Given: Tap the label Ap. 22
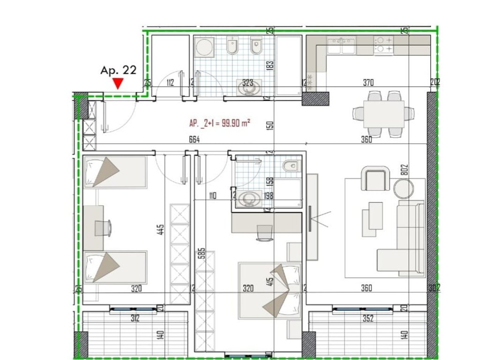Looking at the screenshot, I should click(x=118, y=70).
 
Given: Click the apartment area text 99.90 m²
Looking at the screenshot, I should click(x=219, y=123).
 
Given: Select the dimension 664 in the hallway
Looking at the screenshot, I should click(x=194, y=139).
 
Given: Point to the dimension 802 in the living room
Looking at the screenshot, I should click(x=406, y=170).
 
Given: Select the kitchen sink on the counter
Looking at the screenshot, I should click(x=342, y=46).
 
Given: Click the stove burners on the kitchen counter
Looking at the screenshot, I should click(x=384, y=44).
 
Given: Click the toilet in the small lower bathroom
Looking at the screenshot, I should click(x=291, y=165).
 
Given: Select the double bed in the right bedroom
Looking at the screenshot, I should click(x=269, y=290).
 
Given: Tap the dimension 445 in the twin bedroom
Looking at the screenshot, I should click(x=161, y=230).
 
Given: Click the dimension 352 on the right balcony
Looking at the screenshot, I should click(x=367, y=319).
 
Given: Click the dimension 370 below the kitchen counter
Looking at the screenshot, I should click(x=368, y=83).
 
